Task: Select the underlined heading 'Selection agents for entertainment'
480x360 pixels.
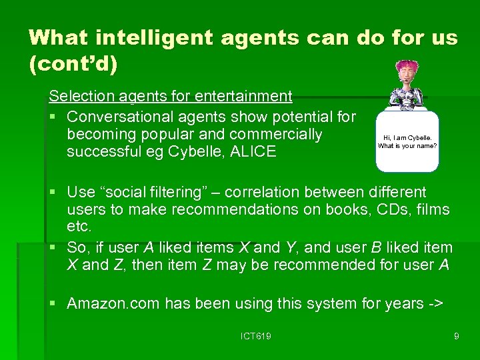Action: (171, 97)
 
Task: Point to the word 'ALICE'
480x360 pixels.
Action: (252, 151)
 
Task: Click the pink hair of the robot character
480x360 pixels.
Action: (406, 68)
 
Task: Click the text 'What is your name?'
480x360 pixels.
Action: (407, 146)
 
